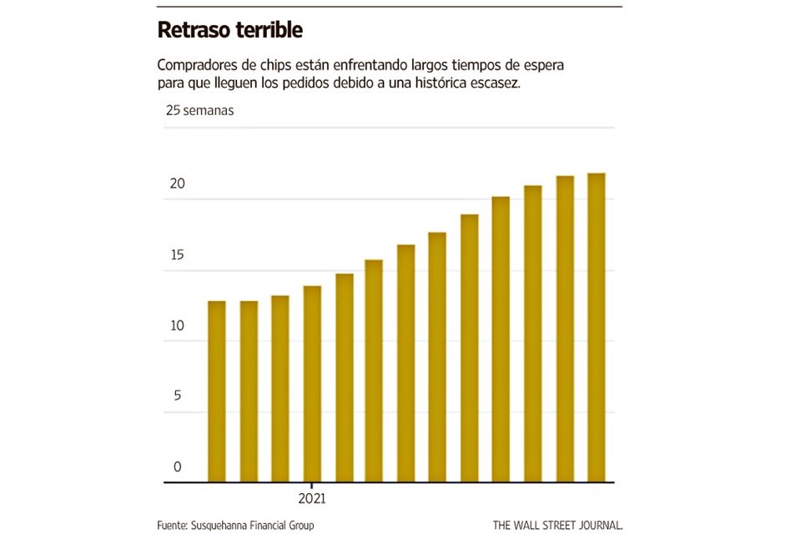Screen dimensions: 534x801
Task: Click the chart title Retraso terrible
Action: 229,31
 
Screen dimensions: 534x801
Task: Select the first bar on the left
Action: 216,391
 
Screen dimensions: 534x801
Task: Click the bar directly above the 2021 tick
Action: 311,384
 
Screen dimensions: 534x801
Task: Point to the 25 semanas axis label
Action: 199,110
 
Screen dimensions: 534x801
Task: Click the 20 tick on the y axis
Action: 176,184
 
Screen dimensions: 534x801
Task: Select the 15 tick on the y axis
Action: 175,255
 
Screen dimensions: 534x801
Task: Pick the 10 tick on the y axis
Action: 175,325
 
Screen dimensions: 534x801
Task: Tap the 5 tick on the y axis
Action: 178,395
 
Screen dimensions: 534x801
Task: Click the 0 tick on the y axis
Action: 178,466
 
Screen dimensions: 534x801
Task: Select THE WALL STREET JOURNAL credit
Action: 557,525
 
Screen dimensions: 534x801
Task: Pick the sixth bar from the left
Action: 374,370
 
